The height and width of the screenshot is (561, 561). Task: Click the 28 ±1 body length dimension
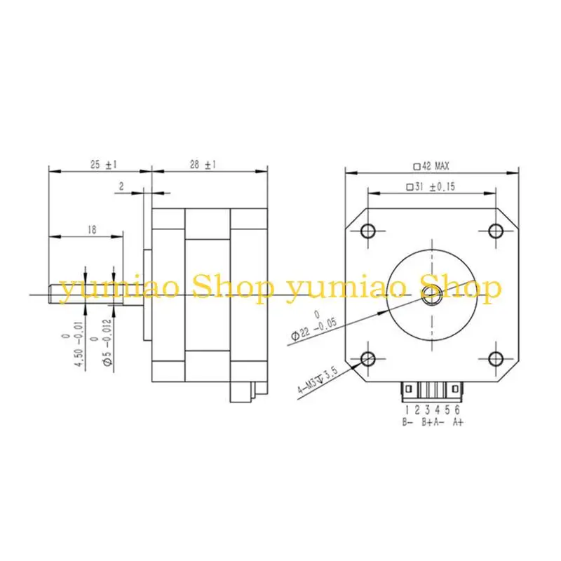pyautogui.click(x=204, y=164)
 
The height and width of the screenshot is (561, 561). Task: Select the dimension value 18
pyautogui.click(x=91, y=229)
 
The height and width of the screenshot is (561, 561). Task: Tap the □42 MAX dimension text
pyautogui.click(x=431, y=166)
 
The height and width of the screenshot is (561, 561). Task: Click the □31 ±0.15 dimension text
pyautogui.click(x=431, y=187)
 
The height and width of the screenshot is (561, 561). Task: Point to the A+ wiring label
pyautogui.click(x=458, y=421)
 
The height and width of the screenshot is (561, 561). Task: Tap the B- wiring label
pyautogui.click(x=407, y=421)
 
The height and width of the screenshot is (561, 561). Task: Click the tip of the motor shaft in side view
pyautogui.click(x=50, y=295)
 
